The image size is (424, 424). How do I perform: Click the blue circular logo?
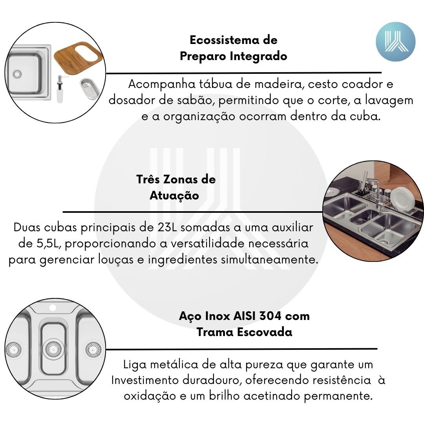(x=395, y=42)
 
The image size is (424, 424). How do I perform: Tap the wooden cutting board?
(x=79, y=57)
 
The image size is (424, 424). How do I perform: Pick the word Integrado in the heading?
(x=258, y=56)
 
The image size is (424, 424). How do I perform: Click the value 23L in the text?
(x=167, y=227)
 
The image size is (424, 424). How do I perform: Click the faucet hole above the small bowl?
(x=53, y=308)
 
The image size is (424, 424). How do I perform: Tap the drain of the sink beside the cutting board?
(x=17, y=73)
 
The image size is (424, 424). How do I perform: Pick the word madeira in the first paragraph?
(x=278, y=84)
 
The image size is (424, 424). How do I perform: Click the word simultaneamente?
(x=270, y=260)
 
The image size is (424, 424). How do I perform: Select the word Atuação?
(x=174, y=196)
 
